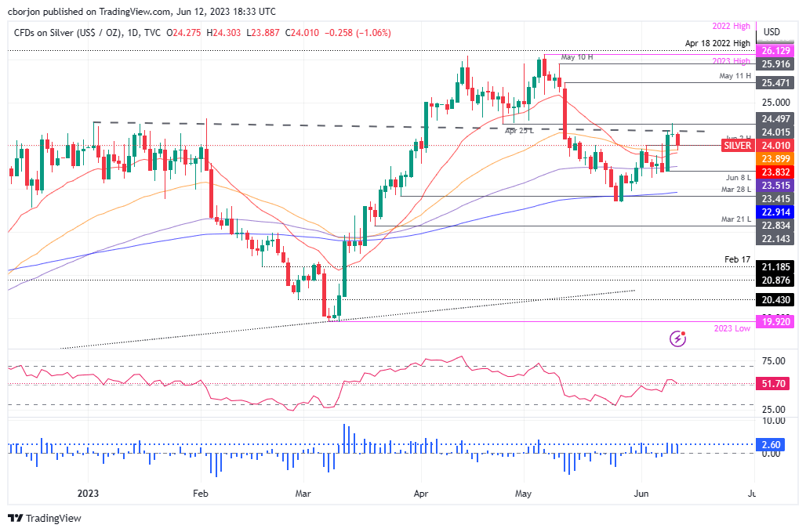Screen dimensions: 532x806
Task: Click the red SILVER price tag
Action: (x=737, y=146)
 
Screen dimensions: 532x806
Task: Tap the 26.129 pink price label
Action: (x=772, y=50)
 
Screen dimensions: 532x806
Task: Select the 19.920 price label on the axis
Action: (x=772, y=321)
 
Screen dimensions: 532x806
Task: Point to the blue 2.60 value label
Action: (x=772, y=443)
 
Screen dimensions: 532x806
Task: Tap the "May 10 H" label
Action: (x=576, y=57)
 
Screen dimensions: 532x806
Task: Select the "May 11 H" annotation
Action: (x=735, y=75)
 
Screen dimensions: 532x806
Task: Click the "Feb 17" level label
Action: (x=737, y=258)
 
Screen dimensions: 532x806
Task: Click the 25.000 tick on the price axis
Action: (x=772, y=102)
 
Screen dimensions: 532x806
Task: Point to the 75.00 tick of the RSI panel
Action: (x=772, y=361)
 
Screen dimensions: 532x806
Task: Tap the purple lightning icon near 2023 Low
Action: (x=678, y=338)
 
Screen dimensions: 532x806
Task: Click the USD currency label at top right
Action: (x=772, y=31)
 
